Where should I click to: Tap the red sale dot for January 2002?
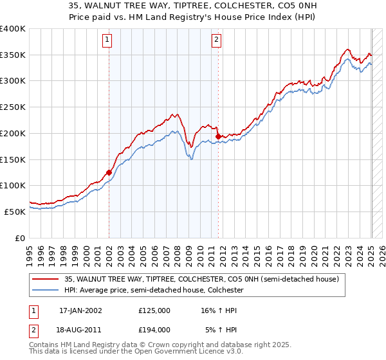tap(109, 172)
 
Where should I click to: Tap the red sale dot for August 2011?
tap(219, 136)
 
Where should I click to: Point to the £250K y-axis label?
tap(13, 107)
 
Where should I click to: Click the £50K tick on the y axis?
tap(15, 212)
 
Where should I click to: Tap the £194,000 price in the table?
tap(154, 330)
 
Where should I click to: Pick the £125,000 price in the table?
tap(154, 310)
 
